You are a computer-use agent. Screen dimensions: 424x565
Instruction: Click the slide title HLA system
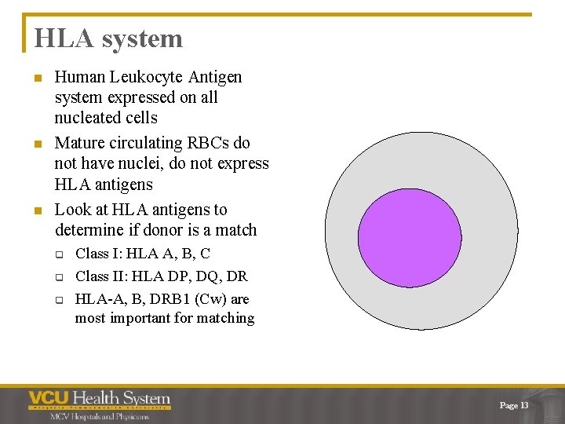(108, 38)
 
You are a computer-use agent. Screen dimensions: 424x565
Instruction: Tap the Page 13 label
(514, 405)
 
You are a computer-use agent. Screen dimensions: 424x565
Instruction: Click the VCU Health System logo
(99, 399)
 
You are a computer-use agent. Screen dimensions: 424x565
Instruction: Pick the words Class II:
(103, 276)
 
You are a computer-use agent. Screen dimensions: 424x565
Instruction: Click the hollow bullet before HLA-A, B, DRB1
(59, 300)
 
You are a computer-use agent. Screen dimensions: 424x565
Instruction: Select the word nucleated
(89, 118)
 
